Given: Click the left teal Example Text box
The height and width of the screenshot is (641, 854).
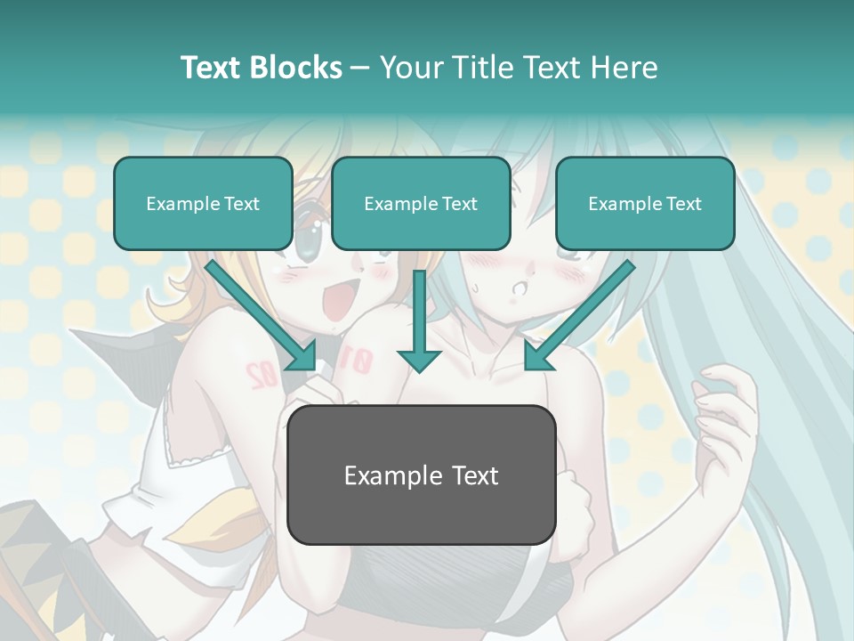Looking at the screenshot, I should pyautogui.click(x=203, y=203).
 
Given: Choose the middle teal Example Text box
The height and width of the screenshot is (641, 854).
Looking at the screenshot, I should pyautogui.click(x=421, y=203).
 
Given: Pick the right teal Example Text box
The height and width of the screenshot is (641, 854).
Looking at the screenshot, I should pyautogui.click(x=645, y=203).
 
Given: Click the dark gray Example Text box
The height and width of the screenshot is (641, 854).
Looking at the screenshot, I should pyautogui.click(x=421, y=475).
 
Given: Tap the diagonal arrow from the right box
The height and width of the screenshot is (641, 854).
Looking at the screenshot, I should pyautogui.click(x=578, y=315).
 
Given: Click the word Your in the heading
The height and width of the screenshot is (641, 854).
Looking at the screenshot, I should pyautogui.click(x=409, y=68).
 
